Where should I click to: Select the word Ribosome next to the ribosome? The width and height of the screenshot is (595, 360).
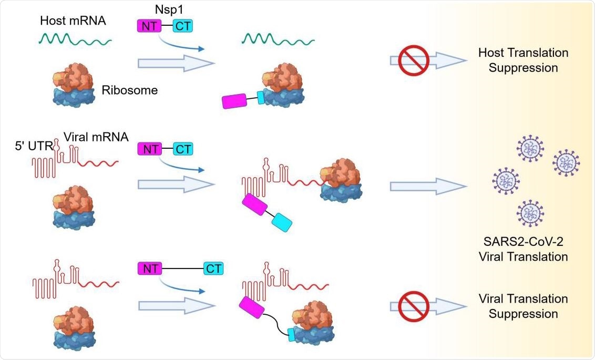tap(130, 90)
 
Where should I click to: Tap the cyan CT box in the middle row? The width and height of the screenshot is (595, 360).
tap(183, 149)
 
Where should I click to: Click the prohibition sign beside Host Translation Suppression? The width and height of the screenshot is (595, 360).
tap(414, 61)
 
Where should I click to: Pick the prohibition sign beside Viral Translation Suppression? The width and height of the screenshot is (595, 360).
tap(414, 306)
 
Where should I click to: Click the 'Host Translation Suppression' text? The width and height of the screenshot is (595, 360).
tap(523, 60)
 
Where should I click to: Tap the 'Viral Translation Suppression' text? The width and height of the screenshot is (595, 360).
tap(523, 306)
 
